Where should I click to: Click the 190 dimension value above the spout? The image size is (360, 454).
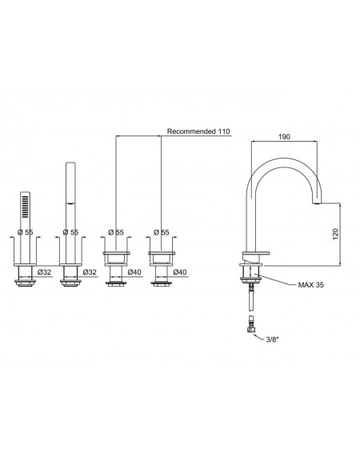pos(284,137)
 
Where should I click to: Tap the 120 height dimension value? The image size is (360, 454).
pos(335,234)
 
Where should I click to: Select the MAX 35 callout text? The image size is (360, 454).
pos(311,285)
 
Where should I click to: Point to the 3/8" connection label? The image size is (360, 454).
pos(272,339)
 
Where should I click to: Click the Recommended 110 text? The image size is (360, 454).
pos(198,131)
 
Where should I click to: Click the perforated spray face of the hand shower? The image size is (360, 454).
pos(25,207)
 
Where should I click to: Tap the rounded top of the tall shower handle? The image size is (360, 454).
pos(70,164)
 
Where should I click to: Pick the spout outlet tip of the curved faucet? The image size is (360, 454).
pos(318,203)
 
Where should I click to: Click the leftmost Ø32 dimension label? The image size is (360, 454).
pos(45,272)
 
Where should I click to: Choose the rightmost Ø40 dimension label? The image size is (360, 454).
pos(180,272)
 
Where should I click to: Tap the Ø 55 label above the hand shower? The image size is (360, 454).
pos(25,232)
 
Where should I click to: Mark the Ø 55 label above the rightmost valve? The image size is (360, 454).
pos(161,232)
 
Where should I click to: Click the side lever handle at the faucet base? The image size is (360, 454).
pos(256,254)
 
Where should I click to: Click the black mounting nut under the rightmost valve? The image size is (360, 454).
pos(161,283)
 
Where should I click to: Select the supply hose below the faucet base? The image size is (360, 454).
pos(251,300)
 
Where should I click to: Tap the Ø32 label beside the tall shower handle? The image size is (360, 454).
pos(90,272)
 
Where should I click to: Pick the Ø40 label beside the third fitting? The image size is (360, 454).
pos(134,272)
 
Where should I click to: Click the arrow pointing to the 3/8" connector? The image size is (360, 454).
pos(258,337)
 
